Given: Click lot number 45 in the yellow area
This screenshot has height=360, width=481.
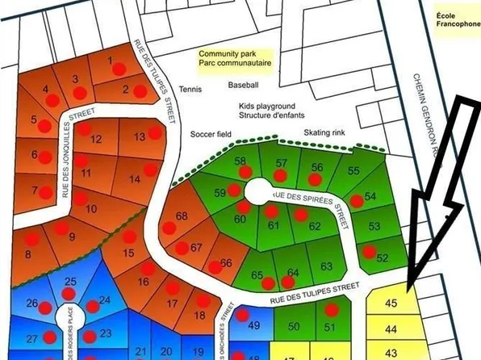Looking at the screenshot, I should (392, 304).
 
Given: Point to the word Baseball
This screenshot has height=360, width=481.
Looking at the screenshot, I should (243, 85).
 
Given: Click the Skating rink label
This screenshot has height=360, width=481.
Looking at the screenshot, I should (324, 133).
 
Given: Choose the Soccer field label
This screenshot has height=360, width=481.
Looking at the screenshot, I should (211, 136).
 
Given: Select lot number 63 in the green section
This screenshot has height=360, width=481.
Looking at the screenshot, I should (326, 266).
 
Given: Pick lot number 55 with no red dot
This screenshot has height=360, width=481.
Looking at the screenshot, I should (353, 171).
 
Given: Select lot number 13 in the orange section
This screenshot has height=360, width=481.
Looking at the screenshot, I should (139, 136).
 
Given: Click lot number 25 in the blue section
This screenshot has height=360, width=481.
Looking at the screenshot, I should (70, 282).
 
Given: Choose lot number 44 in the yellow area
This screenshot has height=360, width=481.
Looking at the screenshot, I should (391, 329).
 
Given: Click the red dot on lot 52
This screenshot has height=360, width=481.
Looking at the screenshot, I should (370, 252).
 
